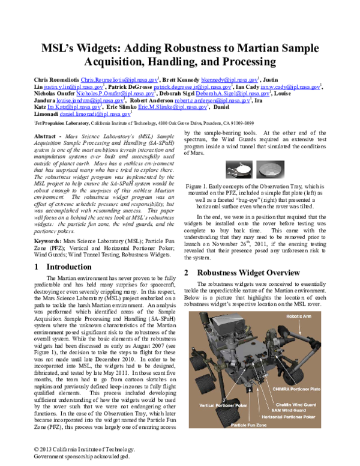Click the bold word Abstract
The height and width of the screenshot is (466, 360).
pos(46,136)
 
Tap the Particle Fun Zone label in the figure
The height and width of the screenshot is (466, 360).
pos(247,425)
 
